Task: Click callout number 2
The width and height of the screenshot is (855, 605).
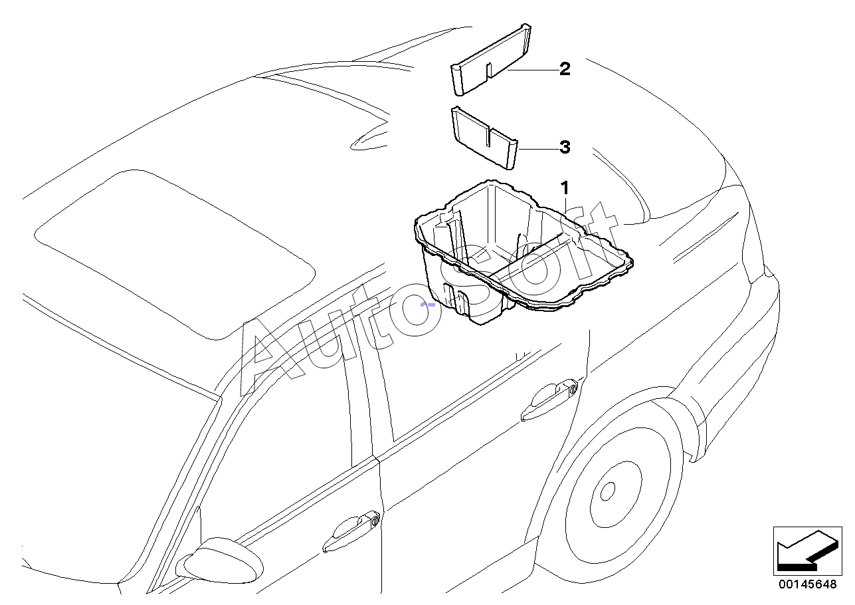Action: tap(565, 68)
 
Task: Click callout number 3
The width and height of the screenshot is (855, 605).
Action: tap(565, 148)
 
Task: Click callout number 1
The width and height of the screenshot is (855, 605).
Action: tap(564, 187)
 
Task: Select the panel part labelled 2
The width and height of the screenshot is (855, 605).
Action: tap(492, 60)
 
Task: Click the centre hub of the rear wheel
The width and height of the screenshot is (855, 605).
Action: tap(607, 493)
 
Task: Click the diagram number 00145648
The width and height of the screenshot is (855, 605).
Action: tap(808, 584)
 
